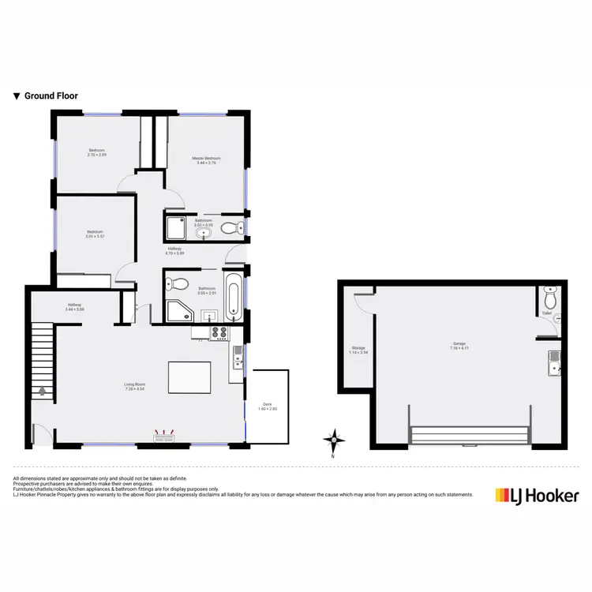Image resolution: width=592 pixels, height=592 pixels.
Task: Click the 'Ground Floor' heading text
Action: (51, 96)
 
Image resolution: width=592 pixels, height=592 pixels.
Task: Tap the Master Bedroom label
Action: (207, 160)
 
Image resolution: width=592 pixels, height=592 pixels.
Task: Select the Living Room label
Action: (134, 387)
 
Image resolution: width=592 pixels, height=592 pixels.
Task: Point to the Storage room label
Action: (358, 350)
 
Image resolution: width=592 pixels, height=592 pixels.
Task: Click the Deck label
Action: (267, 406)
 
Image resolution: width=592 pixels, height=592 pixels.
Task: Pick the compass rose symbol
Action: (335, 440)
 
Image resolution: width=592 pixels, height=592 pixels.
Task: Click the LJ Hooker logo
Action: (537, 496)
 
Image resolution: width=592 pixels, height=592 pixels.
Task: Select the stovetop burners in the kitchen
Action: (219, 333)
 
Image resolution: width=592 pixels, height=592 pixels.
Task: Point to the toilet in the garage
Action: (550, 298)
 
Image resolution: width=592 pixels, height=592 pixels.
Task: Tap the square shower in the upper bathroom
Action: (176, 228)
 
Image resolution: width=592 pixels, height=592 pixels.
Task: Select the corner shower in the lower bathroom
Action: (178, 310)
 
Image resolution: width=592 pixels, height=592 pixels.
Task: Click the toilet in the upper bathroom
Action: (229, 229)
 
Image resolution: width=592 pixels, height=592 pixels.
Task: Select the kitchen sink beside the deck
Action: (237, 360)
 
